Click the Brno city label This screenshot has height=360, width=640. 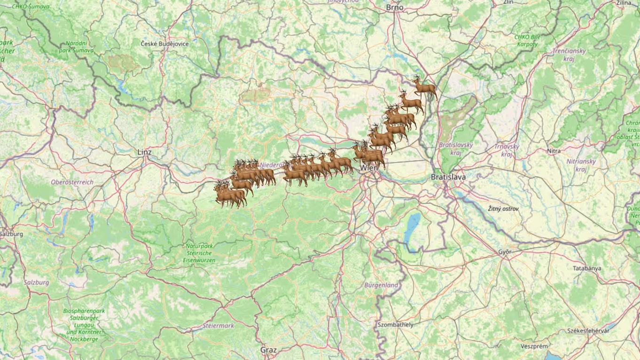tap(395, 8)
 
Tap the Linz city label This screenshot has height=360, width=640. tap(145, 152)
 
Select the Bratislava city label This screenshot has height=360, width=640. tap(448, 177)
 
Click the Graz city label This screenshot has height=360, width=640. tap(269, 350)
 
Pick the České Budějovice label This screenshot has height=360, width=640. tap(164, 44)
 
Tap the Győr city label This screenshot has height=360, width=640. tap(505, 252)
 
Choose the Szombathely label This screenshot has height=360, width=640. tap(396, 325)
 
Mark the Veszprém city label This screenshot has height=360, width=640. tap(534, 346)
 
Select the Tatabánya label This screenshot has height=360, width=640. tap(587, 268)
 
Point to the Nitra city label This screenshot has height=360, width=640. tap(554, 151)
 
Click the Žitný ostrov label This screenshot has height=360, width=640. tap(503, 208)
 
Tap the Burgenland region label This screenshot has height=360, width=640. tap(381, 285)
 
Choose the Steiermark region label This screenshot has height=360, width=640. tap(219, 326)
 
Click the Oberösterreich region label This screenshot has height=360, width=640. tap(72, 182)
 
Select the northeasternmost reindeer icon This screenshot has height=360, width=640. tap(424, 87)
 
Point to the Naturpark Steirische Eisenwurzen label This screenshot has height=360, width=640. tap(200, 253)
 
